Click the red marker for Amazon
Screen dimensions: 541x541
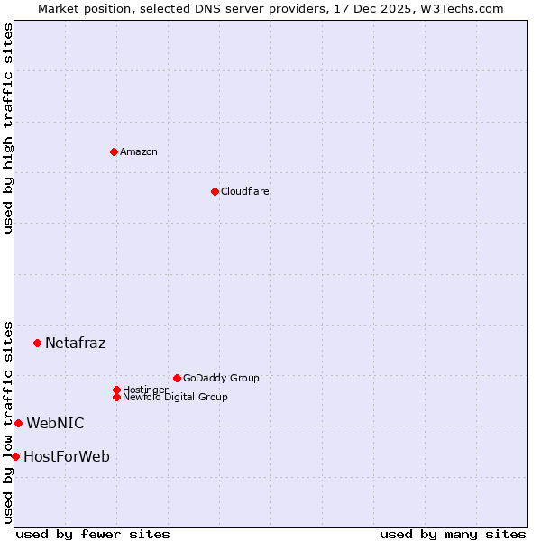pyautogui.click(x=114, y=151)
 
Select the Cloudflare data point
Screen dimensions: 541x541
pyautogui.click(x=215, y=191)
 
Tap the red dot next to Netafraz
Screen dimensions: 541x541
pyautogui.click(x=37, y=343)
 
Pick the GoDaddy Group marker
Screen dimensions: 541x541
pyautogui.click(x=177, y=378)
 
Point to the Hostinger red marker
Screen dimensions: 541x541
pyautogui.click(x=116, y=390)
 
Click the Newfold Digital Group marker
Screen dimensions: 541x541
pyautogui.click(x=116, y=397)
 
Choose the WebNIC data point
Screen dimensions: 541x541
pyautogui.click(x=18, y=423)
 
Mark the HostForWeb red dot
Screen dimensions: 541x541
pyautogui.click(x=15, y=456)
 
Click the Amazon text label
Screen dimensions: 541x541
pyautogui.click(x=139, y=151)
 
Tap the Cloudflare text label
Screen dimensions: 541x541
pyautogui.click(x=245, y=191)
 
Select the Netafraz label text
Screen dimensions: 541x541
pyautogui.click(x=76, y=343)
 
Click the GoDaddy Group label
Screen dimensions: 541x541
pyautogui.click(x=221, y=378)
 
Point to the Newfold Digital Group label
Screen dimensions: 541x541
pyautogui.click(x=176, y=398)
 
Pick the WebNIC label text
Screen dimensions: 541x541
pyautogui.click(x=56, y=423)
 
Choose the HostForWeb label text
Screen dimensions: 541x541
pyautogui.click(x=67, y=456)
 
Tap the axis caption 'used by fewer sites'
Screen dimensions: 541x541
pyautogui.click(x=93, y=534)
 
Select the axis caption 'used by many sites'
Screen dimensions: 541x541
pyautogui.click(x=453, y=534)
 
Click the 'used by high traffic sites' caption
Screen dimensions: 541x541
pyautogui.click(x=8, y=128)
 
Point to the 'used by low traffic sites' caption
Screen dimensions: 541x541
pyautogui.click(x=8, y=422)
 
